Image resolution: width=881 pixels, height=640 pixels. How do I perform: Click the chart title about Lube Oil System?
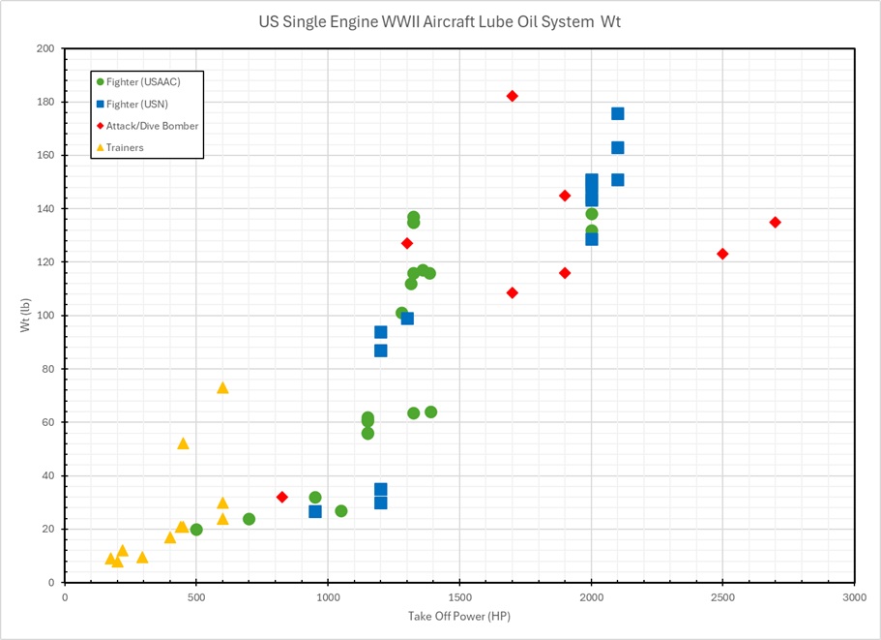[x=439, y=21]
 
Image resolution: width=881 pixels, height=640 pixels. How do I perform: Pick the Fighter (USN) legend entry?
[x=139, y=104]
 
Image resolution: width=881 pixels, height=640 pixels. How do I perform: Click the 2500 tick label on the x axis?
[x=722, y=597]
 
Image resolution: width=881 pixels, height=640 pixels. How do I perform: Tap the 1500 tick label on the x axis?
[x=459, y=597]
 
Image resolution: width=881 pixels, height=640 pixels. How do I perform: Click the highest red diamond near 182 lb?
[x=513, y=96]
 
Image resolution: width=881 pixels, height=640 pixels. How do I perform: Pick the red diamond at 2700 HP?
[x=775, y=222]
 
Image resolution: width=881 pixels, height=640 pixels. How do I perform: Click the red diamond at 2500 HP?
[x=722, y=254]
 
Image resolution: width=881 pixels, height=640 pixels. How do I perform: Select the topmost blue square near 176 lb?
[x=618, y=113]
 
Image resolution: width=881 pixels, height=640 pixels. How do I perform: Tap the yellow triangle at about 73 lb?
[x=222, y=387]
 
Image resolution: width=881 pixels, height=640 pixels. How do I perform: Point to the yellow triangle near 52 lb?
[x=183, y=443]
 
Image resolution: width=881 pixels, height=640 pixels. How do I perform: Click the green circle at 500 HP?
[x=196, y=530]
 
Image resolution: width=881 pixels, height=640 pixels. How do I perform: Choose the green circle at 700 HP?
[x=249, y=519]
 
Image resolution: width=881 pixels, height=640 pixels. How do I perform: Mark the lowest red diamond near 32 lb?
[x=282, y=497]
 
